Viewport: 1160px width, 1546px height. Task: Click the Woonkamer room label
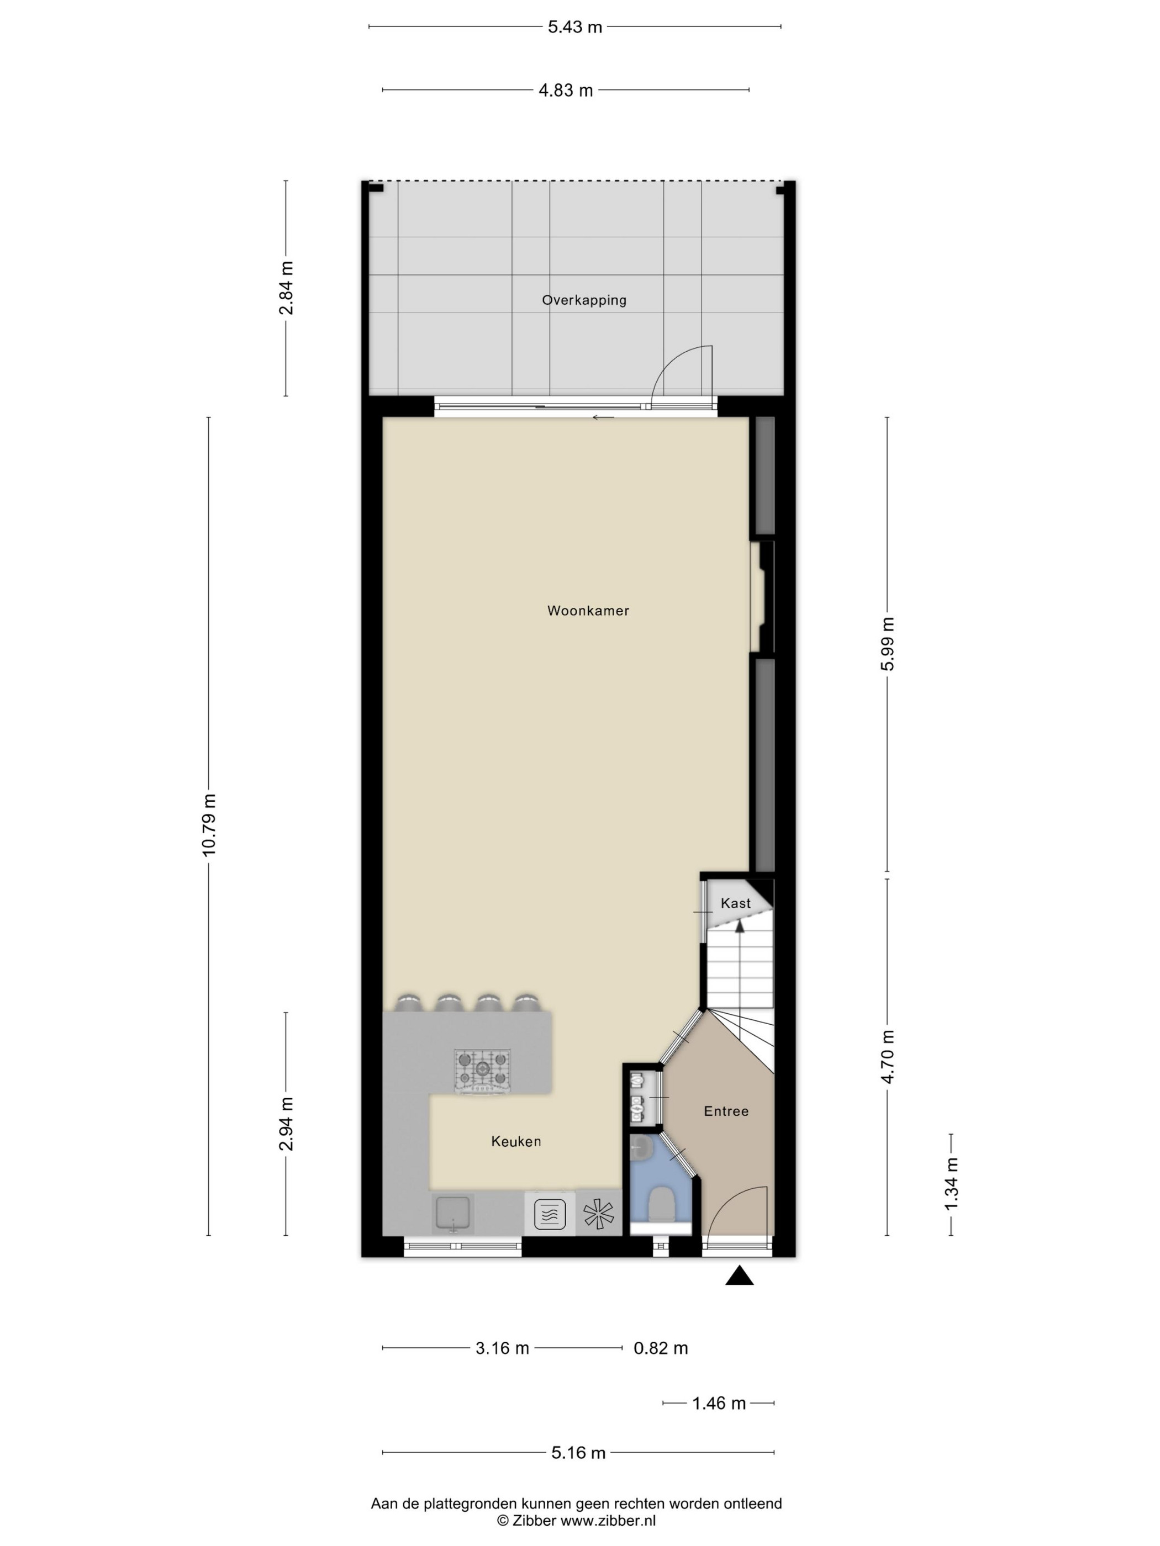(588, 611)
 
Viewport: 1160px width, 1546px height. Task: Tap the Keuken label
(516, 1141)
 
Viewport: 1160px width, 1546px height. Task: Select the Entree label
(726, 1111)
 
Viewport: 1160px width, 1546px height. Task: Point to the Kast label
(736, 903)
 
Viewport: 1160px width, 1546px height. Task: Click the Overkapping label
(584, 300)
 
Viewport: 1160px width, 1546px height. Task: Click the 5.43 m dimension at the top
(575, 27)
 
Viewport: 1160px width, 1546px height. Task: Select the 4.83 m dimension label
(566, 90)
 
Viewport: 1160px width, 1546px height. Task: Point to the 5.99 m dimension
(887, 644)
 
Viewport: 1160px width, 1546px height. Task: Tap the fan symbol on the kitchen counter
(599, 1215)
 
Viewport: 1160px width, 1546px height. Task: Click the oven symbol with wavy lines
(550, 1214)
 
